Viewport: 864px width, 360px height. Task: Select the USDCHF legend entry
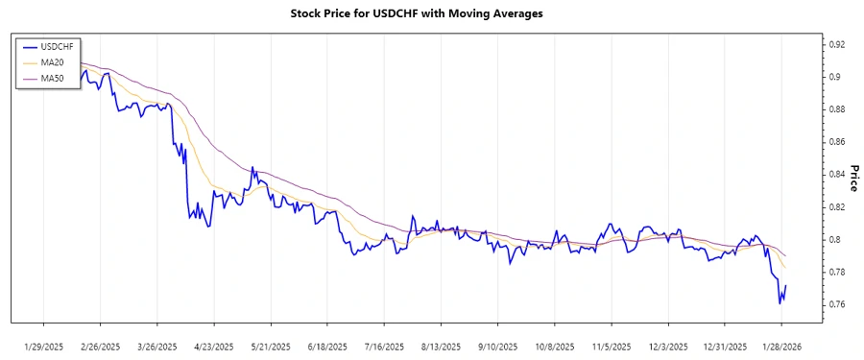pyautogui.click(x=53, y=45)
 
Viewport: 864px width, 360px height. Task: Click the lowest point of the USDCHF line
pyautogui.click(x=780, y=303)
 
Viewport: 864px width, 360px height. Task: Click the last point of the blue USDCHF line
pyautogui.click(x=786, y=286)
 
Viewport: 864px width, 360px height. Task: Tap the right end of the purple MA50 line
pyautogui.click(x=786, y=255)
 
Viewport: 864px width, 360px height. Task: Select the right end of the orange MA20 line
pyautogui.click(x=786, y=267)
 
